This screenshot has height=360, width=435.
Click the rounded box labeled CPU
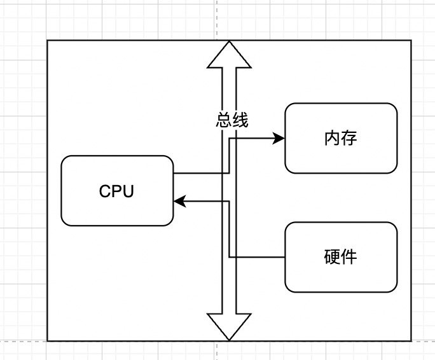[x=117, y=191]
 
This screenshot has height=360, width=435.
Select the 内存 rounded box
[x=341, y=138]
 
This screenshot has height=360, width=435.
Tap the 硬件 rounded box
[x=341, y=257]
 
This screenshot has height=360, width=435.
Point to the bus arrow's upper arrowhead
[x=229, y=53]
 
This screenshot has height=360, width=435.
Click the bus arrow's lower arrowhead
[x=229, y=328]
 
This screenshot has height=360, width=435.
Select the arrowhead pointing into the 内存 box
[x=279, y=138]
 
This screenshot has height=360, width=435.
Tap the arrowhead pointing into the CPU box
[x=179, y=202]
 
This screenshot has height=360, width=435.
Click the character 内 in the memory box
[x=332, y=138]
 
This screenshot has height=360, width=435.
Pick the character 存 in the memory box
[x=349, y=138]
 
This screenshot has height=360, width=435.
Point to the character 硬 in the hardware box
[x=332, y=257]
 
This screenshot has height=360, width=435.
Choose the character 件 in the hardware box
[x=349, y=257]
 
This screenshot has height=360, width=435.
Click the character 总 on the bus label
[x=224, y=120]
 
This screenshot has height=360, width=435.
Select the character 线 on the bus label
[x=240, y=120]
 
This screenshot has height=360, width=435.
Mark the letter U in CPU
[x=128, y=191]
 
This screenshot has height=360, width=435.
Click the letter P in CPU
[x=117, y=191]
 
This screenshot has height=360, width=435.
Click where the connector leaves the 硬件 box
[x=285, y=257]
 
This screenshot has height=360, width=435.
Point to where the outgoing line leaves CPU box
[x=174, y=172]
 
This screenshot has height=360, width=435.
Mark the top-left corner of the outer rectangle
[x=47, y=40]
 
